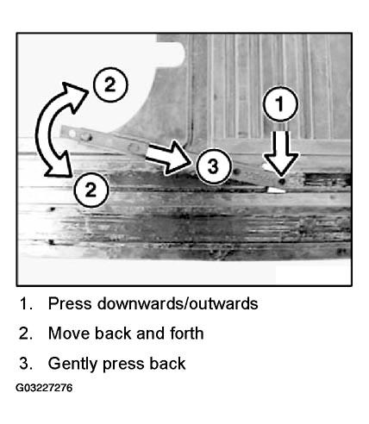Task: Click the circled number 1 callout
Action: [280, 103]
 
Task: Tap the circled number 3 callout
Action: [213, 166]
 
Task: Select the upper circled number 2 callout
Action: [110, 84]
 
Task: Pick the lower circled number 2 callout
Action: [91, 190]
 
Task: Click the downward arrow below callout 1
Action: [281, 153]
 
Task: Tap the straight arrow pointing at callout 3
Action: [168, 158]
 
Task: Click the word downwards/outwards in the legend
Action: [178, 303]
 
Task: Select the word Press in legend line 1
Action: [70, 303]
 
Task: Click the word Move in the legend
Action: [69, 334]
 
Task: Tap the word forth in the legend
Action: [187, 334]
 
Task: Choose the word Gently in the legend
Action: [73, 365]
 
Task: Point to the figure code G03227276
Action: [44, 388]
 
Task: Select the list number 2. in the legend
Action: [26, 334]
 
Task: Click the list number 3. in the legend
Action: [26, 364]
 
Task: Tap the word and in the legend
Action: [150, 334]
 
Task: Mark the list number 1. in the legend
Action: [26, 303]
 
